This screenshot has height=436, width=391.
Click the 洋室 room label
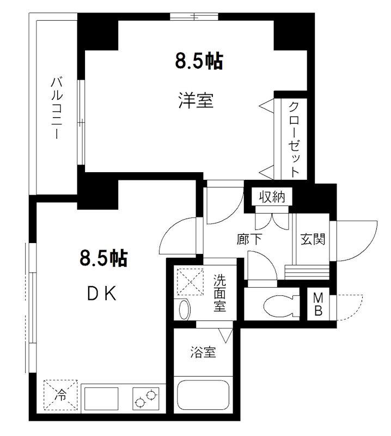196,101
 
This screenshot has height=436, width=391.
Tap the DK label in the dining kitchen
102,293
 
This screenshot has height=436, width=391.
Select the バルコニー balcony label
57,108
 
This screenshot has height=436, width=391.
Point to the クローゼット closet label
294,140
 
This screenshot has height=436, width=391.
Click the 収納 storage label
272,197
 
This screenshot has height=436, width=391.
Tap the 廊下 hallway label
249,239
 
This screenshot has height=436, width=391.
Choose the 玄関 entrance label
313,239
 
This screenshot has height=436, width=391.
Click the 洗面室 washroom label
220,293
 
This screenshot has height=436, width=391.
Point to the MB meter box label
318,305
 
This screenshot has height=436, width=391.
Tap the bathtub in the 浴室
203,394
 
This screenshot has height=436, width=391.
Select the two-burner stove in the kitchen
146,398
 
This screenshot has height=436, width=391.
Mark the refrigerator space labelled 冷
60,395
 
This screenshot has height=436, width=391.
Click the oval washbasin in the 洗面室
184,310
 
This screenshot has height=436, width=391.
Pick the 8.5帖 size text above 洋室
199,61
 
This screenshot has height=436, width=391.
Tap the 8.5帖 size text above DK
103,258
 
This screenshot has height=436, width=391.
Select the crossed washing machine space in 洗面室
191,281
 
